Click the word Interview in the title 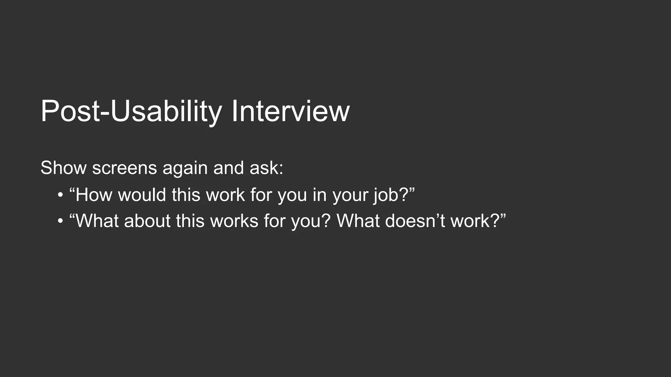point(290,111)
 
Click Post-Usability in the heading point(131,111)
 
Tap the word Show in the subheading point(64,168)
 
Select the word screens point(125,168)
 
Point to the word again point(185,169)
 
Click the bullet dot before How point(60,195)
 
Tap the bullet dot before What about point(60,221)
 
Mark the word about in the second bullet point(147,221)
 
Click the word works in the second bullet point(234,221)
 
